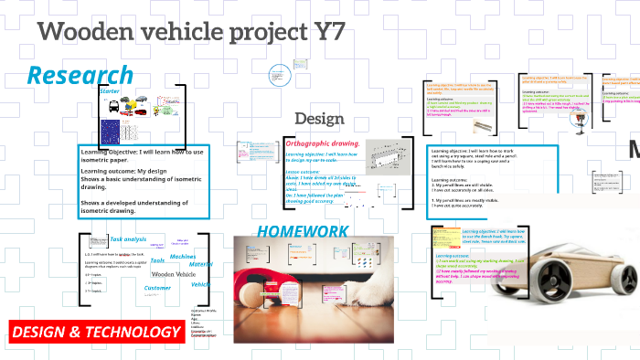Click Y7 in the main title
[324, 34]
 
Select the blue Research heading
[80, 76]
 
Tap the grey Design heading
[319, 119]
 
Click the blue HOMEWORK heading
[302, 231]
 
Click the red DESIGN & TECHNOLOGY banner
[96, 332]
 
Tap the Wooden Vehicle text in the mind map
[174, 274]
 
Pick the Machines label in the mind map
[183, 258]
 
